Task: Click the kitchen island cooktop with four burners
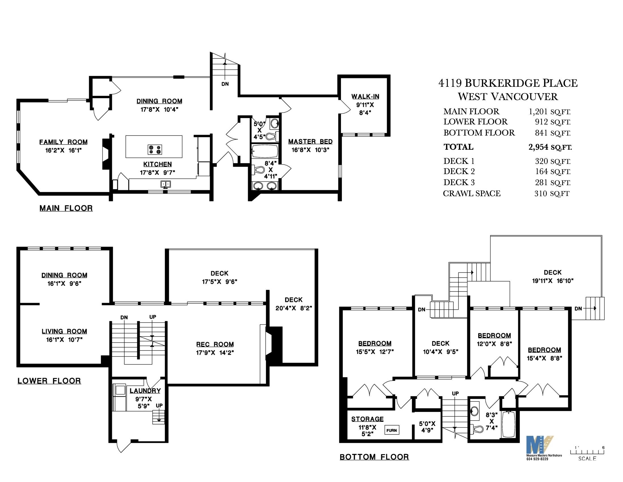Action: click(155, 149)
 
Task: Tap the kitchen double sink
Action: click(165, 184)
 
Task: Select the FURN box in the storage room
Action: click(392, 430)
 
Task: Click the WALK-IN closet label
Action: click(365, 96)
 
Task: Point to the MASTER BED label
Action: click(310, 142)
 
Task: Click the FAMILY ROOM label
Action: click(63, 142)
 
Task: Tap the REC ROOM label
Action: click(215, 344)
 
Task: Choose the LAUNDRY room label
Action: click(145, 391)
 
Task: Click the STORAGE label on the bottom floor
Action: click(367, 419)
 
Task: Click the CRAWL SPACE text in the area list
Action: click(472, 193)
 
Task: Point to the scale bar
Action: click(587, 452)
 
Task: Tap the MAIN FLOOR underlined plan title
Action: click(66, 208)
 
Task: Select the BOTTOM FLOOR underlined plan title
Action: click(374, 457)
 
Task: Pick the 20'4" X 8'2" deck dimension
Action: click(294, 308)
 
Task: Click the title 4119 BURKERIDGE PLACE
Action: click(508, 83)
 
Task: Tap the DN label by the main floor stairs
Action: click(225, 84)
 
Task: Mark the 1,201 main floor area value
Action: click(538, 111)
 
